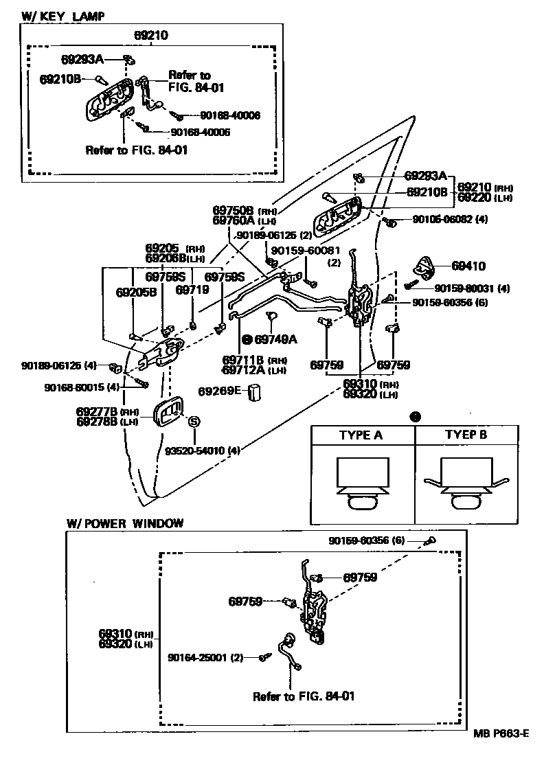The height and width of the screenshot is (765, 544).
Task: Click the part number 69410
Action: [468, 264]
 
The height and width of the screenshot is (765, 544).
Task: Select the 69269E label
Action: [220, 391]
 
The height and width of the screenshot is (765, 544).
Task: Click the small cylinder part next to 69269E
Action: [256, 393]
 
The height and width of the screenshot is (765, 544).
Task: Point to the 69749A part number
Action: [275, 339]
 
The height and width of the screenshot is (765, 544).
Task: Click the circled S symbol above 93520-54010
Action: [194, 422]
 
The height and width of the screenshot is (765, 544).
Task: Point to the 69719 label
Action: [192, 290]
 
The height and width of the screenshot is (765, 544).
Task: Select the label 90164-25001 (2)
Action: [205, 657]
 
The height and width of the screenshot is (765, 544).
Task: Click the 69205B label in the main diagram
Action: [136, 292]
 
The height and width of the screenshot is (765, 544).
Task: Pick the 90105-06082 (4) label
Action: [450, 220]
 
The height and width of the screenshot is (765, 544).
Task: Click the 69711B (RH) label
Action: [244, 360]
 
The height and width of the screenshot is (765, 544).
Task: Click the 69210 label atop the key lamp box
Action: [151, 34]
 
